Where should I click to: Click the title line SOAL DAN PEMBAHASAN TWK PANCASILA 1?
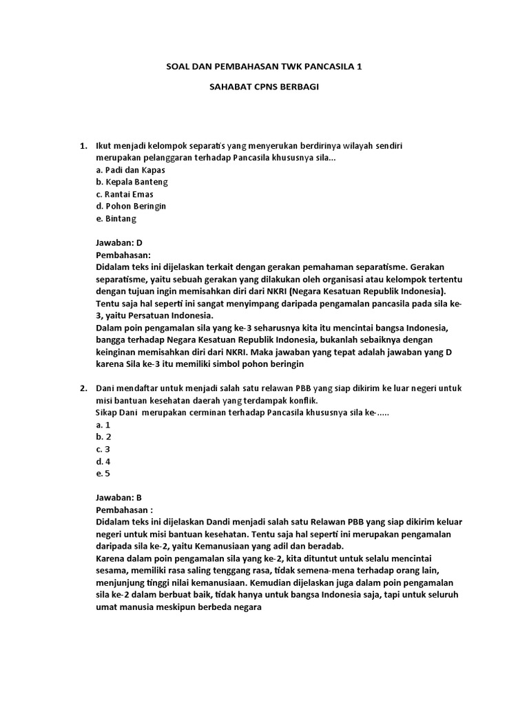[264, 67]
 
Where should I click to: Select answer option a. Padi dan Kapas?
[130, 170]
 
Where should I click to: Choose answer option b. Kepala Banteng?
[132, 182]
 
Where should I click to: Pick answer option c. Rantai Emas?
[125, 194]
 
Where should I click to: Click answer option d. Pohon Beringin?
[131, 206]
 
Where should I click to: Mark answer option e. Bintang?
[116, 218]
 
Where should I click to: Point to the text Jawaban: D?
[118, 243]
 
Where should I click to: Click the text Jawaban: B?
[118, 497]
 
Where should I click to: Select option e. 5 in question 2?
[103, 473]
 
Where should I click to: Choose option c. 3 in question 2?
[103, 449]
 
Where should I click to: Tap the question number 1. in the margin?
[83, 147]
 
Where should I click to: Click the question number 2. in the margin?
[83, 388]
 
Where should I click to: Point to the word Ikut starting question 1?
[103, 147]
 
